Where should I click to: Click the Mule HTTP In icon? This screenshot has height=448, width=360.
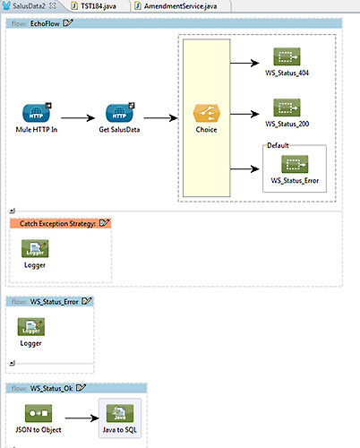tap(37, 113)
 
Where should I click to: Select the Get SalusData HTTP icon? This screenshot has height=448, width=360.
tap(120, 113)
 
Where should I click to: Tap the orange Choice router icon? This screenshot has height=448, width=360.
tap(206, 113)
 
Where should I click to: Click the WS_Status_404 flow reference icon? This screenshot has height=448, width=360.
tap(287, 56)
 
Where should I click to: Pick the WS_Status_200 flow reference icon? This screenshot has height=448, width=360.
tap(287, 108)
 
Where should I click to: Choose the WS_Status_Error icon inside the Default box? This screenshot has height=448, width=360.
tap(295, 164)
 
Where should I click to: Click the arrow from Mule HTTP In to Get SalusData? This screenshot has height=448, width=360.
tap(78, 118)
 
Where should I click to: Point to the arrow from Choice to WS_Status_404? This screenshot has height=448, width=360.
tap(244, 63)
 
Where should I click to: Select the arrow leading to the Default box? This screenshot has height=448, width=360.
tap(244, 169)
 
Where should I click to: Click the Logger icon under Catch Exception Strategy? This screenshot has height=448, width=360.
tap(35, 248)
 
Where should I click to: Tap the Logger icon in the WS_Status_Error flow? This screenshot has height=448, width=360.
tap(31, 327)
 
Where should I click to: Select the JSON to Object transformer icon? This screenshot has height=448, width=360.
tap(39, 413)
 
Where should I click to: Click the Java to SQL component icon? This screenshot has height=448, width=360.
tap(120, 413)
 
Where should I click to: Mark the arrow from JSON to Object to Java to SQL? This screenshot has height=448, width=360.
tap(82, 418)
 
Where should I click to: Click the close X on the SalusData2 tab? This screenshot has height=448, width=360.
tap(53, 5)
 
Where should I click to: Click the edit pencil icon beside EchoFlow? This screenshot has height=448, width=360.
tap(68, 23)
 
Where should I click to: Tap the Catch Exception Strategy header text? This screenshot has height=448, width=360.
tap(57, 223)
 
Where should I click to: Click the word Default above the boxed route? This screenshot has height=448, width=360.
tap(278, 145)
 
